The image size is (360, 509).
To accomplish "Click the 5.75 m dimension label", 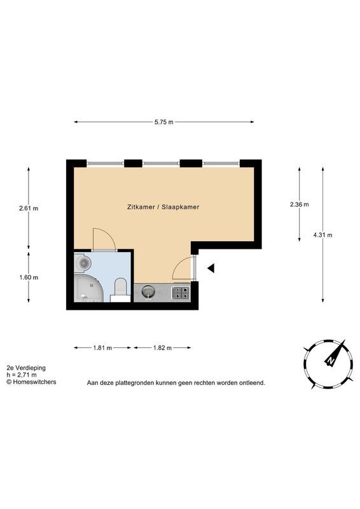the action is pyautogui.click(x=164, y=122).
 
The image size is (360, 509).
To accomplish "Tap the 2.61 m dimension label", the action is pyautogui.click(x=29, y=209).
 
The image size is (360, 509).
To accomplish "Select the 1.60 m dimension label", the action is pyautogui.click(x=29, y=277).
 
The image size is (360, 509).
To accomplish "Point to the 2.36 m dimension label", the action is pyautogui.click(x=300, y=204).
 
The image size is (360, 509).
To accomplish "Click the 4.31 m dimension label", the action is pyautogui.click(x=322, y=235).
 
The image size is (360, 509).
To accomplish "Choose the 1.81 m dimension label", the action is pyautogui.click(x=102, y=348).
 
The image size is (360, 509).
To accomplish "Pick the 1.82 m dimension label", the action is pyautogui.click(x=163, y=348).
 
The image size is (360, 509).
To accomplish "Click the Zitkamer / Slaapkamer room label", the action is pyautogui.click(x=163, y=207).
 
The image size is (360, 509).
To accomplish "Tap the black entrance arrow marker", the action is pyautogui.click(x=211, y=268).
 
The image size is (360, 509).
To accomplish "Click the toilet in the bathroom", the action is pyautogui.click(x=121, y=288).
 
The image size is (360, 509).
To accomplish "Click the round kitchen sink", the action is pyautogui.click(x=148, y=291).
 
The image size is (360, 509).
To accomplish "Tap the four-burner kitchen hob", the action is pyautogui.click(x=181, y=293).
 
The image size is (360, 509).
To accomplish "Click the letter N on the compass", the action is pyautogui.click(x=331, y=361).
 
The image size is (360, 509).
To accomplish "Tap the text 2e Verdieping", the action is pyautogui.click(x=26, y=368).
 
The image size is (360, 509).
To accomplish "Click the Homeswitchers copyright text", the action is pyautogui.click(x=31, y=382).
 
